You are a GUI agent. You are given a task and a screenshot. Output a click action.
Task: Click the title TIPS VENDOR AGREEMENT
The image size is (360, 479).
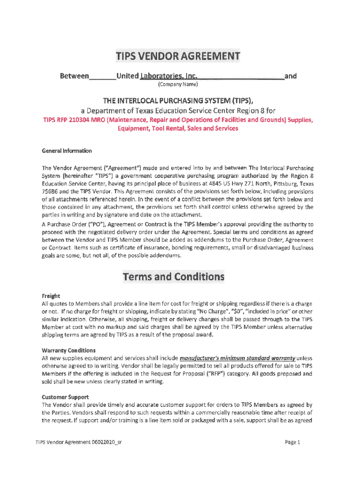[178, 57]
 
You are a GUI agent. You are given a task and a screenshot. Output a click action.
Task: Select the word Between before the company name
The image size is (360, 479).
[74, 76]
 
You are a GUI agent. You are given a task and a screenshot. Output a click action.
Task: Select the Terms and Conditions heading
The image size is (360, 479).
[173, 277]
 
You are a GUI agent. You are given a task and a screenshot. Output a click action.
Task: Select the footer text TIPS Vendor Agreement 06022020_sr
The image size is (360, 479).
[79, 442]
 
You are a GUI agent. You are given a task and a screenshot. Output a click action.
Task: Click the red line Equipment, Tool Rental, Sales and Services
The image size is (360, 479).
[178, 128]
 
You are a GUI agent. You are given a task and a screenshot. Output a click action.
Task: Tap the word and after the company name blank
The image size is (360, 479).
[290, 76]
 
